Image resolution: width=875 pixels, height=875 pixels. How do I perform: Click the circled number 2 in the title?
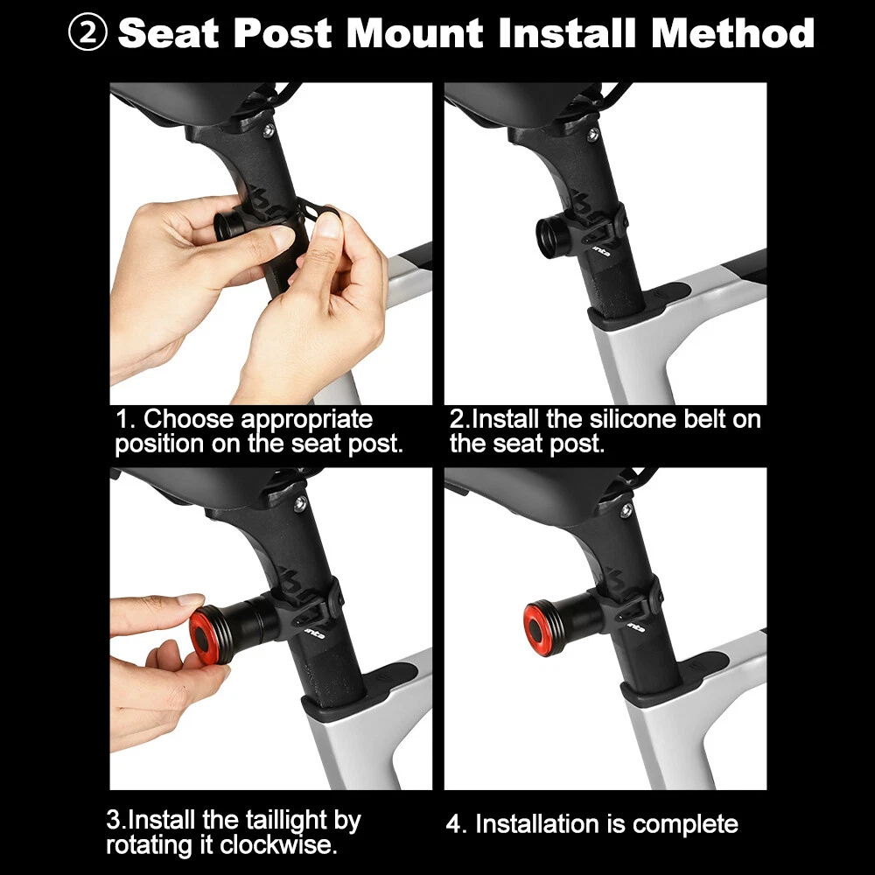(87, 32)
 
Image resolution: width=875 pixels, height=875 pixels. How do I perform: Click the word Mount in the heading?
(415, 33)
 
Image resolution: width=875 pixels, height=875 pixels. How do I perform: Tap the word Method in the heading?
(732, 33)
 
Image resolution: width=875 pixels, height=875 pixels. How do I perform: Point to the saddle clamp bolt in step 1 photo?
(269, 131)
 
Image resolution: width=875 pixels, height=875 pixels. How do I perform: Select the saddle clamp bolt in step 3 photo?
(300, 504)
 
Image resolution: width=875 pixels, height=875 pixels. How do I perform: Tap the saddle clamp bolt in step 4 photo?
(626, 510)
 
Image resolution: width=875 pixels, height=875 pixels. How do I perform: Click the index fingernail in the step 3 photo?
(190, 599)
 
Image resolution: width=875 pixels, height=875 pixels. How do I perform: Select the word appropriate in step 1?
(306, 420)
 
